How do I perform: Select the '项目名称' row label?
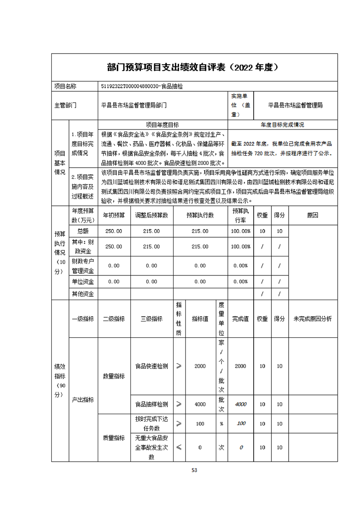click(65, 86)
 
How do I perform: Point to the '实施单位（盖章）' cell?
click(240, 105)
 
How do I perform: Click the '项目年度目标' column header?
click(162, 124)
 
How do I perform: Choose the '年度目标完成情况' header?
click(282, 124)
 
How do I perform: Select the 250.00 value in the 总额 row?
click(113, 231)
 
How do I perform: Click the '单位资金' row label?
click(83, 281)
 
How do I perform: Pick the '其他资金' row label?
click(83, 294)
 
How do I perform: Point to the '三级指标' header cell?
click(151, 319)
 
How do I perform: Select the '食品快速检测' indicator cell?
click(151, 366)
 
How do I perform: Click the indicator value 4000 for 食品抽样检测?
click(200, 404)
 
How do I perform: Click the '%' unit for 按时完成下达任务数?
click(221, 423)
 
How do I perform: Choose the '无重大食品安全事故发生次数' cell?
click(151, 447)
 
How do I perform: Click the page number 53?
click(194, 470)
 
